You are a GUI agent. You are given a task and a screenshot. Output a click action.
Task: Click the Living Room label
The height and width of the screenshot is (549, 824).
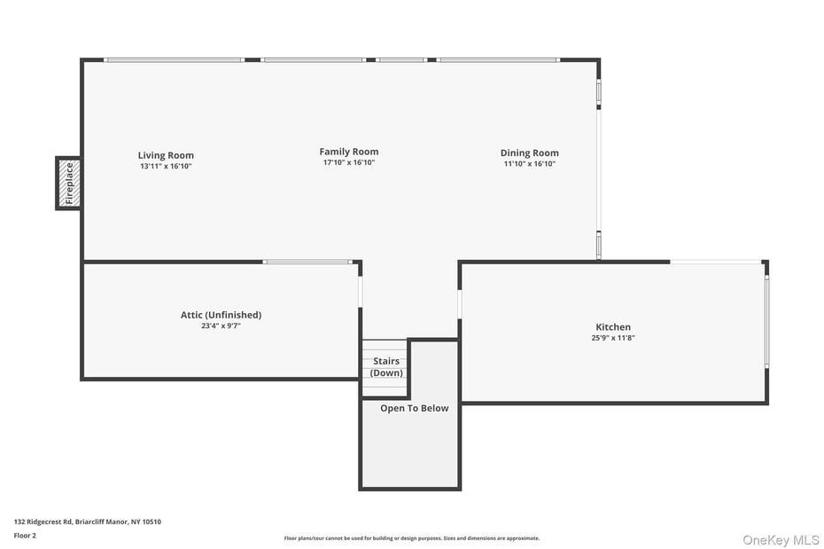166,155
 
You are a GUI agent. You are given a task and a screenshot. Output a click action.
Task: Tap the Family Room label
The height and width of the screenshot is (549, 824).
349,152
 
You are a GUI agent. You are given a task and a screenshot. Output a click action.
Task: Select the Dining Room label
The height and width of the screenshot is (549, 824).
530,153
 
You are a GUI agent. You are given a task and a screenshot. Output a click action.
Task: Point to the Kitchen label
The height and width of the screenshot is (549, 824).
613,327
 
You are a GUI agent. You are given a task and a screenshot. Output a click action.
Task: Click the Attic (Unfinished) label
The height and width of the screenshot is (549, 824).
221,315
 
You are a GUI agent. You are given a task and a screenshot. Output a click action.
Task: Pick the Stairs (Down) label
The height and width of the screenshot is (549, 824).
386,367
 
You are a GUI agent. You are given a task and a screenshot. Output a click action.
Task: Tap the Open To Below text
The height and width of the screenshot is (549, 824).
415,409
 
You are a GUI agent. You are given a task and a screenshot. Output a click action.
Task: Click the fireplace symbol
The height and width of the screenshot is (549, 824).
69,183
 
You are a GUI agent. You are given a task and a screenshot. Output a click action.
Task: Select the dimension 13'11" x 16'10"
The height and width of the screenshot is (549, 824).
166,167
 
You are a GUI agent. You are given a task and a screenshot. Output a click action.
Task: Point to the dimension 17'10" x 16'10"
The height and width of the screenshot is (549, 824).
349,163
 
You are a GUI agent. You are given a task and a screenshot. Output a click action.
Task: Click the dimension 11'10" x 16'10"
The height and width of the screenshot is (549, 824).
530,164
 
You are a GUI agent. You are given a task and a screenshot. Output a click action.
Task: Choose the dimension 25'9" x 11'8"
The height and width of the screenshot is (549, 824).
613,338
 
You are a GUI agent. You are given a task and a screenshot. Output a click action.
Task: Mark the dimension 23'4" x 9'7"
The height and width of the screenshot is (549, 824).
221,325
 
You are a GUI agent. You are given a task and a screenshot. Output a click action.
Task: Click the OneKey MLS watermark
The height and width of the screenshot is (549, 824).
781,539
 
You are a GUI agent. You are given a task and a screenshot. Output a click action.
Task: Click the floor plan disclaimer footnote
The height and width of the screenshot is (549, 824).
411,538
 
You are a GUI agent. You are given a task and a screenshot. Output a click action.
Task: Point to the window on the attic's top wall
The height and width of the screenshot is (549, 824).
307,262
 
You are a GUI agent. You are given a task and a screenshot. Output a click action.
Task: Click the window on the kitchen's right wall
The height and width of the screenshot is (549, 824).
766,321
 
